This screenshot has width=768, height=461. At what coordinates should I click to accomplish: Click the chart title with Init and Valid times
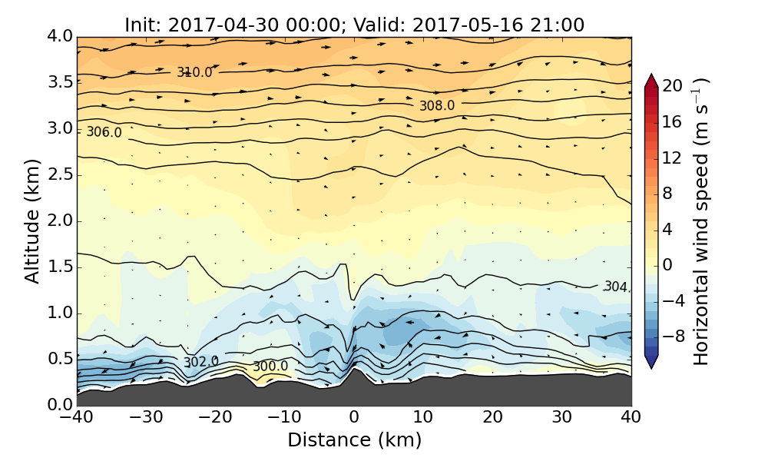tap(354, 25)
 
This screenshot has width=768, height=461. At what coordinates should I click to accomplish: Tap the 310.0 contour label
tap(194, 72)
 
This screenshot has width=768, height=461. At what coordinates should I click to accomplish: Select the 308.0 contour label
tap(437, 105)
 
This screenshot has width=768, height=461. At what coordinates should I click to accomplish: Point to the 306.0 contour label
tap(104, 132)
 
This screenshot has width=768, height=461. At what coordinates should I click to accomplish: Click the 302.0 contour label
tap(200, 362)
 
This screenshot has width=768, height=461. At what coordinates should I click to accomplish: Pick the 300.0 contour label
tap(270, 366)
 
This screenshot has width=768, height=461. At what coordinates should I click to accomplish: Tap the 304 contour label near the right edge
tap(617, 287)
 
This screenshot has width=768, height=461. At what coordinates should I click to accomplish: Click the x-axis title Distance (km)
tap(354, 440)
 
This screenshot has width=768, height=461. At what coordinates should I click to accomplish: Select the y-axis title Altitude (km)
tap(32, 221)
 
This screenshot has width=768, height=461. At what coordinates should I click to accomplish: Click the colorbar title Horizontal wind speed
tap(701, 221)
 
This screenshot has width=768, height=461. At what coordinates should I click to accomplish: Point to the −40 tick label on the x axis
tap(77, 418)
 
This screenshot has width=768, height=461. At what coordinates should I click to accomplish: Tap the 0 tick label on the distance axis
tap(354, 418)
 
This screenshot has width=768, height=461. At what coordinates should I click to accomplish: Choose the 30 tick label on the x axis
tap(562, 418)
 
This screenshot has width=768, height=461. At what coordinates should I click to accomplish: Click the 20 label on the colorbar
tap(673, 87)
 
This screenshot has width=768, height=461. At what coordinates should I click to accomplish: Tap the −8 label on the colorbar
tap(673, 336)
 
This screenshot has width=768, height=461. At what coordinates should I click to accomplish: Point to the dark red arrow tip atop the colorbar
tap(651, 78)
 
